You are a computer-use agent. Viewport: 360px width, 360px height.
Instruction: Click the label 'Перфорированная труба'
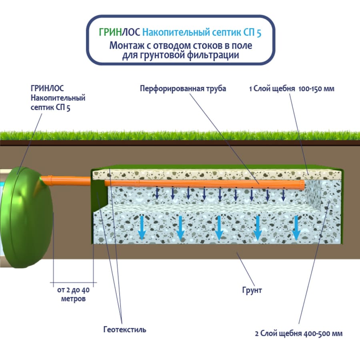pyautogui.click(x=183, y=89)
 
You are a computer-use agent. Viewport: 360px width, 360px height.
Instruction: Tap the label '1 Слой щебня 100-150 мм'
pyautogui.click(x=291, y=89)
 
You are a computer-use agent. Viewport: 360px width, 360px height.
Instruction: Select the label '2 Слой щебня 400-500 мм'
pyautogui.click(x=298, y=333)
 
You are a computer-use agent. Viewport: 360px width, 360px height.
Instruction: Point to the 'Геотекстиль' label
pyautogui.click(x=124, y=330)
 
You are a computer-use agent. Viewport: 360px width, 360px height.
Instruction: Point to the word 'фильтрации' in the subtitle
pyautogui.click(x=213, y=55)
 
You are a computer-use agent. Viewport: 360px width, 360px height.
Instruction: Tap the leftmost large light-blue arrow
pyautogui.click(x=141, y=227)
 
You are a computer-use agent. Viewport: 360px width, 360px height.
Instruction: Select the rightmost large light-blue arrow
pyautogui.click(x=296, y=227)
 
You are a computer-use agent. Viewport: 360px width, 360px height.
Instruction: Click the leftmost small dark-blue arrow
pyautogui.click(x=157, y=194)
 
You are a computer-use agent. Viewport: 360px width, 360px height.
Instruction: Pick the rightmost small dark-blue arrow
pyautogui.click(x=283, y=195)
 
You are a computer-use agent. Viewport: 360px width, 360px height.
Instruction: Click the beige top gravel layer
pyautogui.click(x=216, y=173)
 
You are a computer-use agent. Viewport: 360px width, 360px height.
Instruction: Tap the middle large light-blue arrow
pyautogui.click(x=218, y=227)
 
